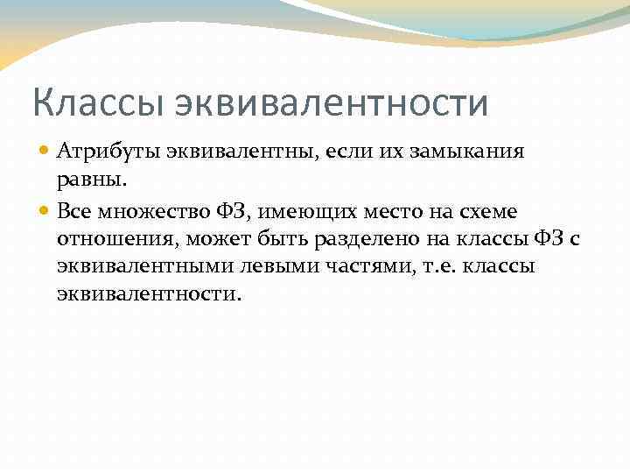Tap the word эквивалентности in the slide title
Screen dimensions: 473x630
tap(332, 102)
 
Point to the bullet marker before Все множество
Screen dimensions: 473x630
tap(45, 211)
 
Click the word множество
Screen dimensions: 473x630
tap(151, 211)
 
